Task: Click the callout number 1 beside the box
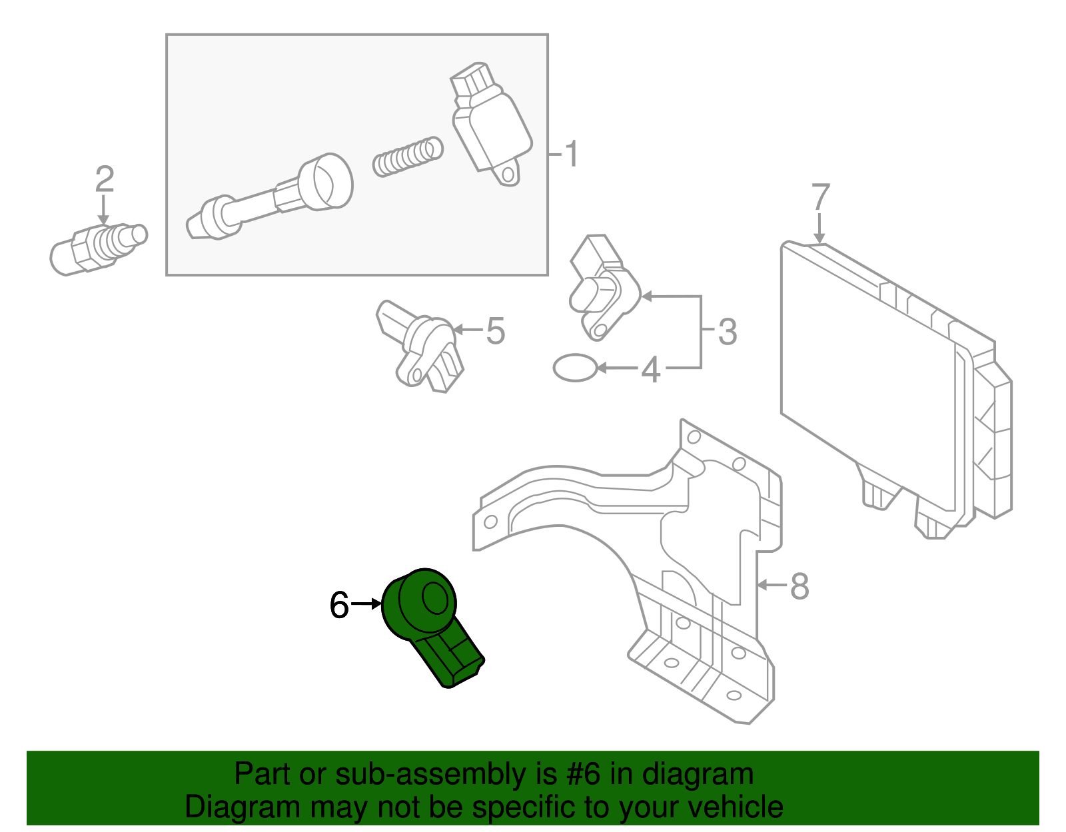[x=571, y=155]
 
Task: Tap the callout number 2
[x=105, y=180]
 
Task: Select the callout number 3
[x=728, y=332]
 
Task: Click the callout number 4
[x=650, y=370]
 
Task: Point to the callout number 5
[x=495, y=331]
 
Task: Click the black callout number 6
[x=339, y=606]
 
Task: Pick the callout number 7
[x=821, y=198]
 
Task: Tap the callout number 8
[x=799, y=587]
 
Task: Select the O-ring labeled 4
[x=575, y=367]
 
